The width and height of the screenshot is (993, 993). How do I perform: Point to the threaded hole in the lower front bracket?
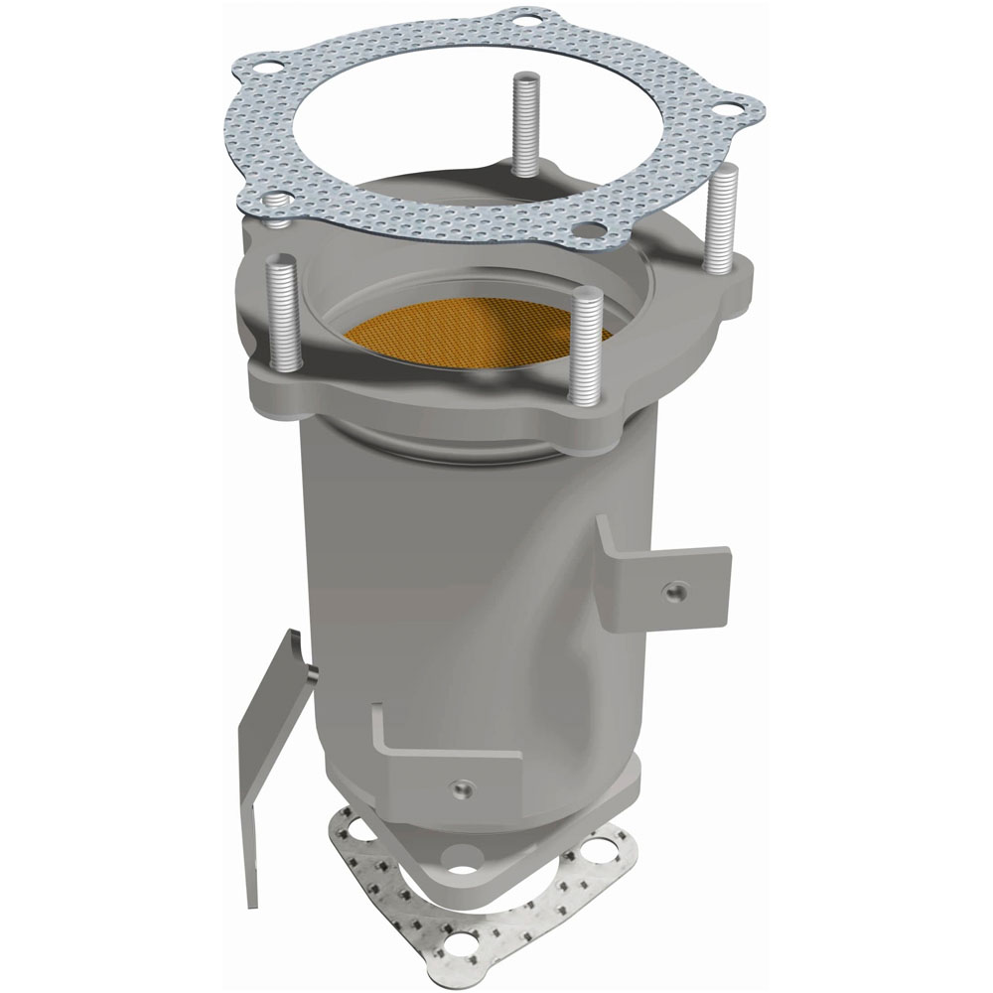tap(459, 788)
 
